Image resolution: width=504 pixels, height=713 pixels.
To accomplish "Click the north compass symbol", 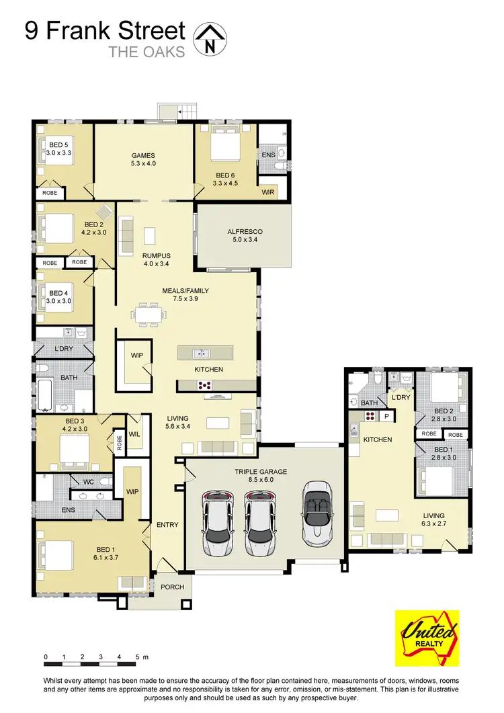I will point(210,37).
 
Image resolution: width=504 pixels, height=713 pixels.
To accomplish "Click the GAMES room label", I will point(143,159).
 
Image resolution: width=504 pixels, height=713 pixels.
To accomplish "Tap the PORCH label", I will point(173,587).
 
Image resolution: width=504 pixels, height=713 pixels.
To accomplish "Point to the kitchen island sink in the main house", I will point(200,353).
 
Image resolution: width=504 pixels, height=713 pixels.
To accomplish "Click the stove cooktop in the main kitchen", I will point(204,386).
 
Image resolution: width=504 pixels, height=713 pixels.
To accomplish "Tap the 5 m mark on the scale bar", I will point(137,657).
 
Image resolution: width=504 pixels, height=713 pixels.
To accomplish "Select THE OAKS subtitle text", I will point(146,52).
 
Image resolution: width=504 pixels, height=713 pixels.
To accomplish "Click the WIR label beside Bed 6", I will point(269,192).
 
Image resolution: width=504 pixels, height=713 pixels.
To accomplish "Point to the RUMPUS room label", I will point(157,260).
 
